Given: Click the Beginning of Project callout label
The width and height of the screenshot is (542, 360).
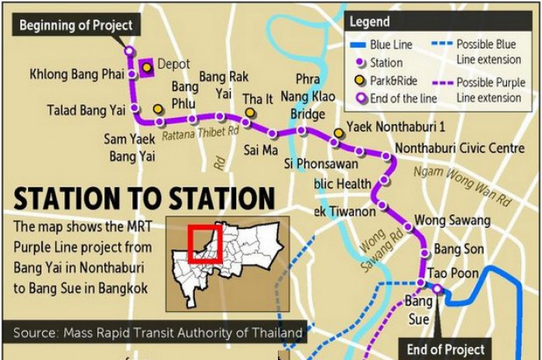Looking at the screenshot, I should tap(76, 26).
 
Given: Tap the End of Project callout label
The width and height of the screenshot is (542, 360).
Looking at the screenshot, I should tap(446, 350).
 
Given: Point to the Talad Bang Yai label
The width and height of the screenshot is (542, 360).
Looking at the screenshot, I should tap(86, 110).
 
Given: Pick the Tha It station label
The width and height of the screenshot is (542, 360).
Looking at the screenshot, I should tap(258, 99).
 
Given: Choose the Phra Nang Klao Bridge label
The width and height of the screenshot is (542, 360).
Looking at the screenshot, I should tap(307, 97).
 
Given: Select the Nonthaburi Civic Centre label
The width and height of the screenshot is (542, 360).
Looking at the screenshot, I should tap(448, 148).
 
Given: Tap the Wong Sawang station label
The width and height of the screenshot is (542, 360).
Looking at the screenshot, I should tap(451, 221).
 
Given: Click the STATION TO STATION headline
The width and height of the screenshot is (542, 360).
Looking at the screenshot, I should tap(144, 199).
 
